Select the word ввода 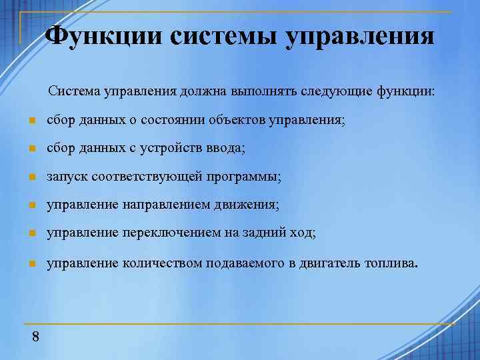pos(227,149)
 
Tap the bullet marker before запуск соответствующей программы pos(31,178)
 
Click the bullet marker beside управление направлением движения pos(31,206)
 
